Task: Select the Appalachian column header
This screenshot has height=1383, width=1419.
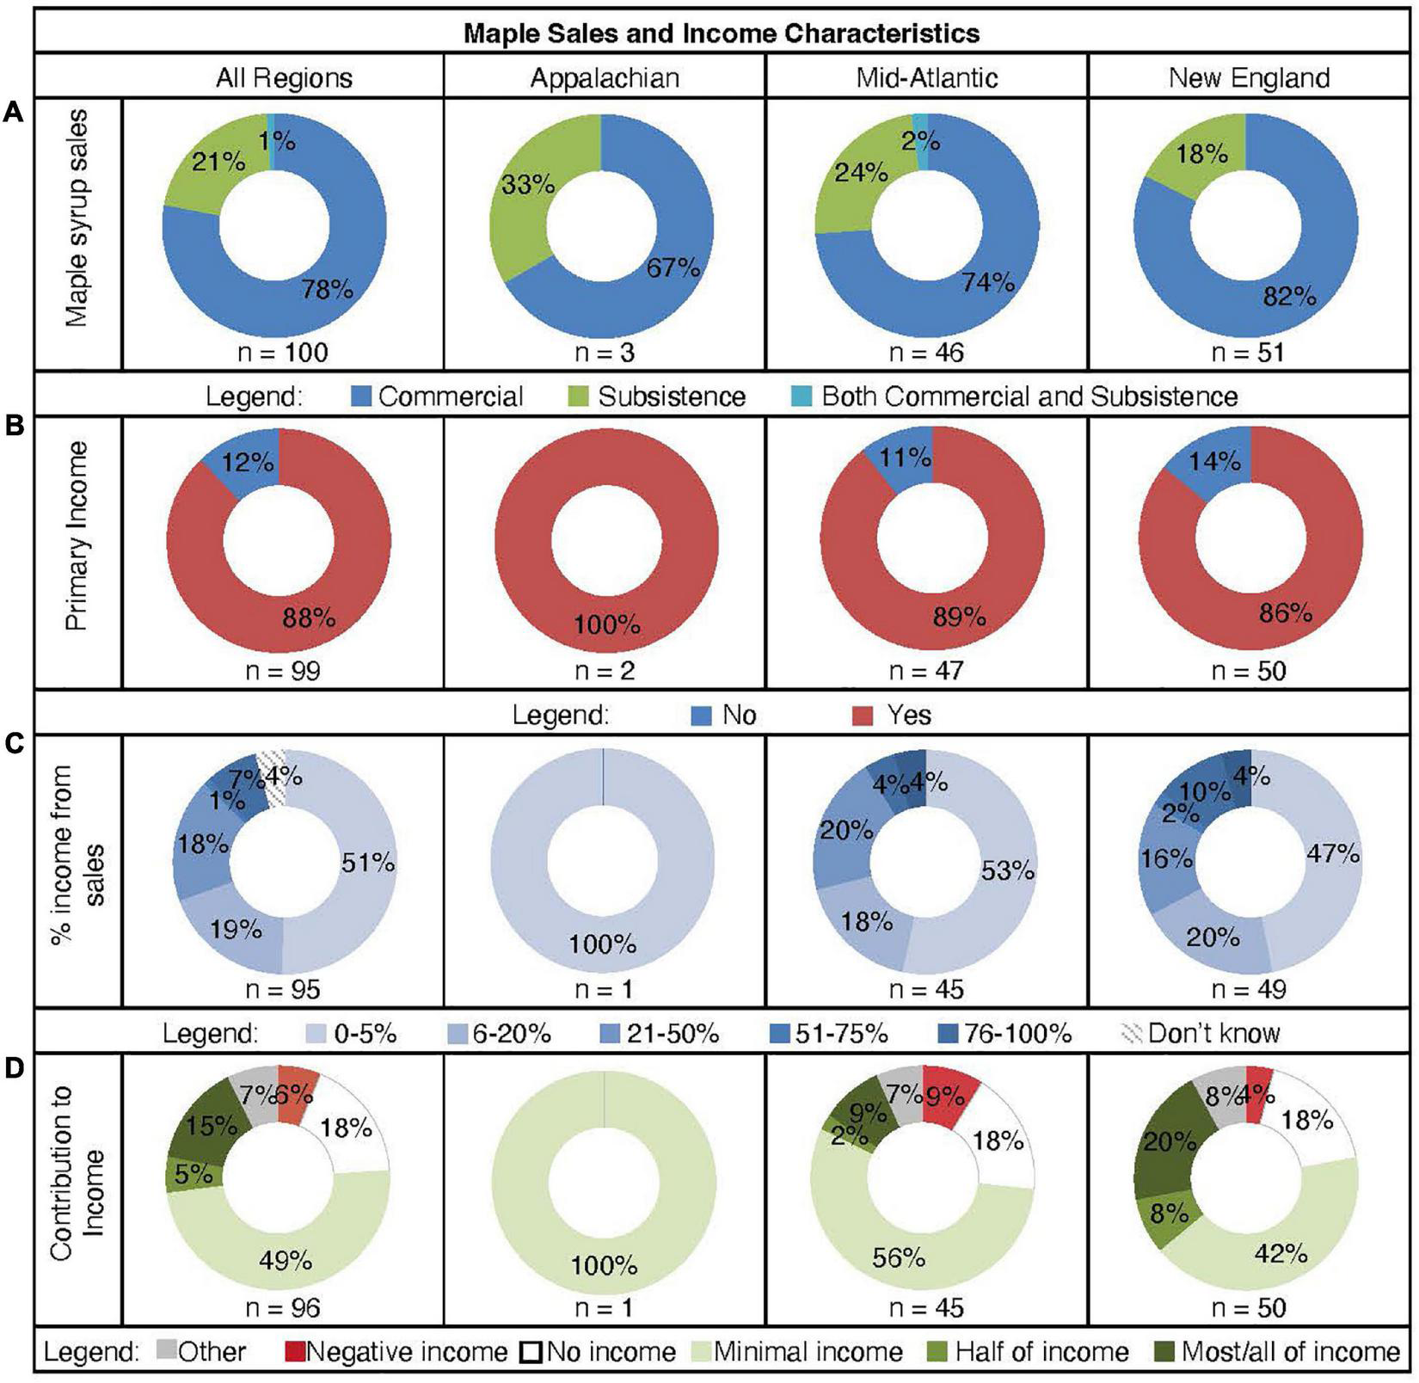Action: [604, 78]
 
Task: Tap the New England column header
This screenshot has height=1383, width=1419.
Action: [1249, 78]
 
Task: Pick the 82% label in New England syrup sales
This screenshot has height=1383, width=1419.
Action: [1289, 298]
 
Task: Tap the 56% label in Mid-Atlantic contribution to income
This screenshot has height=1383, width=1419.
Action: [898, 1258]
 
